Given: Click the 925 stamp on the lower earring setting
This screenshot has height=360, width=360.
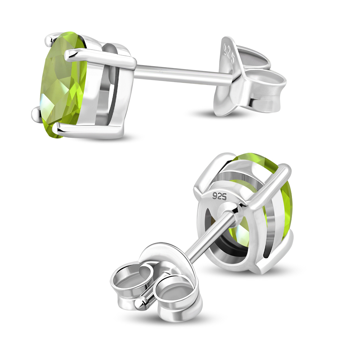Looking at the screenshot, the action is click(x=220, y=196).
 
